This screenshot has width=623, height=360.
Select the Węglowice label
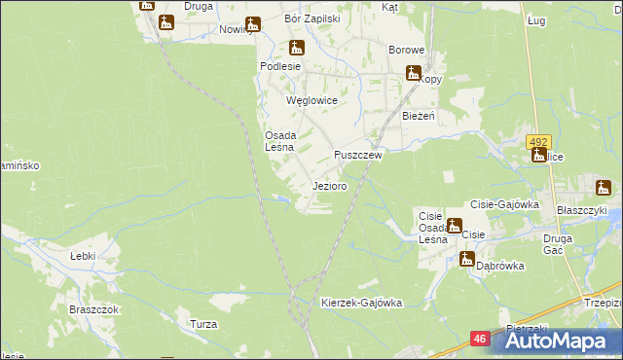click(311, 100)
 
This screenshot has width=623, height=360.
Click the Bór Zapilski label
click(311, 18)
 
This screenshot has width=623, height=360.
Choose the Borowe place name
click(407, 50)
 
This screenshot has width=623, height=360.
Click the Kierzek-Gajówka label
click(361, 303)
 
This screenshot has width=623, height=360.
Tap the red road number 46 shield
click(480, 339)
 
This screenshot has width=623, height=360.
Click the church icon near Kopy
click(414, 72)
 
